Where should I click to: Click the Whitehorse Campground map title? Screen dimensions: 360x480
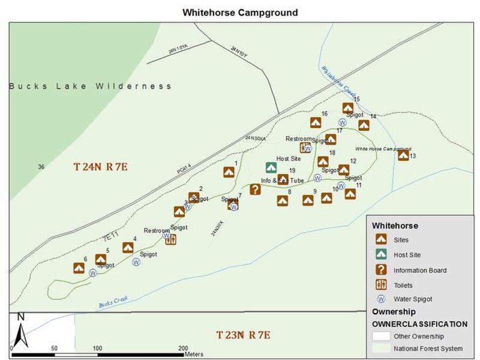click(x=240, y=12)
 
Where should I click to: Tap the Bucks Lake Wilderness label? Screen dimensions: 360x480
click(x=90, y=86)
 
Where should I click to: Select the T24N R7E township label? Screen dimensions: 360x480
click(x=101, y=167)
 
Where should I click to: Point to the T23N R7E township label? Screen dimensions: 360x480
click(x=243, y=335)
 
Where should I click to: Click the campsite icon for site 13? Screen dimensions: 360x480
click(x=403, y=155)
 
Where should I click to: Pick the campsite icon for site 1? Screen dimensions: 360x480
click(x=229, y=173)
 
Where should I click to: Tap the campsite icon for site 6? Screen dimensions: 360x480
click(x=79, y=268)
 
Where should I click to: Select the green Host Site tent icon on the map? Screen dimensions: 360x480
click(x=271, y=168)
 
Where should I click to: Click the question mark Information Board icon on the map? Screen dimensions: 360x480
click(x=255, y=190)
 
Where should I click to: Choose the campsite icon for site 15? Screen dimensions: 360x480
click(x=347, y=108)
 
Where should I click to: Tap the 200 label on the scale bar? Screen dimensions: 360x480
click(x=182, y=348)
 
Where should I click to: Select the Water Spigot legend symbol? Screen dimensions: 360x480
click(x=380, y=299)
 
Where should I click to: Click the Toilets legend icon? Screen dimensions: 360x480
click(x=380, y=284)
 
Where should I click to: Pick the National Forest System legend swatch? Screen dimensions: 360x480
click(x=380, y=349)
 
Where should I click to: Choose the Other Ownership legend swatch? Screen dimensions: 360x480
click(x=380, y=336)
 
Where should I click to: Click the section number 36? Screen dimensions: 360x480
click(x=41, y=167)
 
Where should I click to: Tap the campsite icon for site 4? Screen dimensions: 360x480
click(x=128, y=247)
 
